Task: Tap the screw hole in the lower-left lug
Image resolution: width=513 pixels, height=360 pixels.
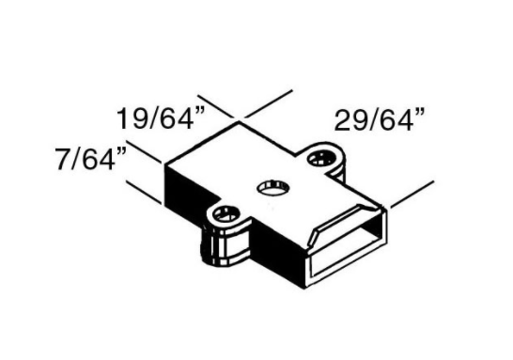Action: coord(225,215)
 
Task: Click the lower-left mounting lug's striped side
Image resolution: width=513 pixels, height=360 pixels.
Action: coord(224,248)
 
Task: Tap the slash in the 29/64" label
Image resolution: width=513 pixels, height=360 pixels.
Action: coord(363,120)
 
